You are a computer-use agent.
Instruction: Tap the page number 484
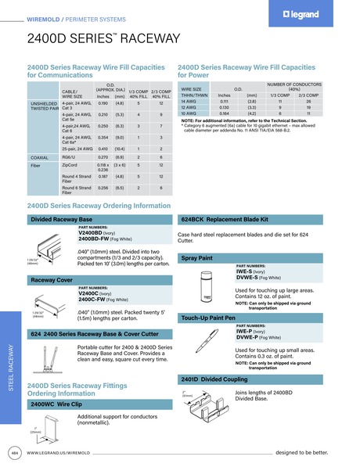point(14,452)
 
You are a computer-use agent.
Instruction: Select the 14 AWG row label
point(189,101)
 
